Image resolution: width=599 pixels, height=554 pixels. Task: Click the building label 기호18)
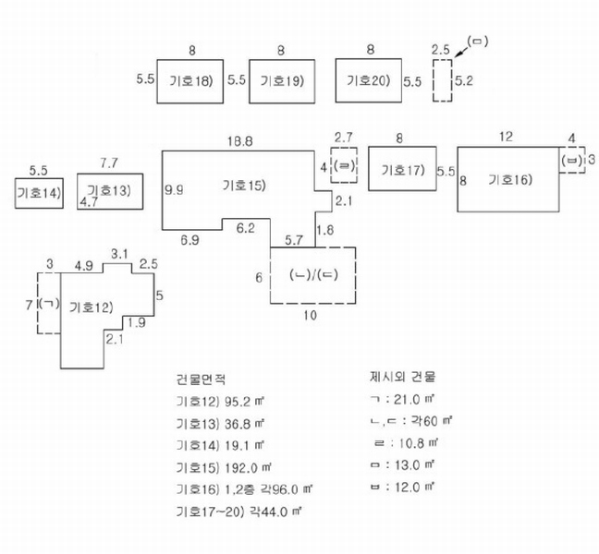[190, 81]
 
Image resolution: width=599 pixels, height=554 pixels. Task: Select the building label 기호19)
[282, 81]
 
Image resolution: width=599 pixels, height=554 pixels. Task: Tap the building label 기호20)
[368, 80]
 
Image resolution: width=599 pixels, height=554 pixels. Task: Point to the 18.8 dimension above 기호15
[240, 141]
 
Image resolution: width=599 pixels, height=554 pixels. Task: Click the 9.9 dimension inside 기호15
[174, 189]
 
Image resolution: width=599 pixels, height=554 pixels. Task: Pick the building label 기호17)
[403, 169]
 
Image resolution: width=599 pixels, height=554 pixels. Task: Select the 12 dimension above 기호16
[506, 137]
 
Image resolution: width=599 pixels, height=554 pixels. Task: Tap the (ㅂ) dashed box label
[572, 161]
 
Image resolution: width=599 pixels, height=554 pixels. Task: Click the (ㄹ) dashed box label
[344, 166]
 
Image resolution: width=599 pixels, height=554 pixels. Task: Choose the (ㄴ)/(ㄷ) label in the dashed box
[313, 275]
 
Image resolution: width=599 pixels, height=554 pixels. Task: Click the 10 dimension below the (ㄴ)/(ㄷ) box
[311, 316]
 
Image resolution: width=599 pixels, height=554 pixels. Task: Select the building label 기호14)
[39, 193]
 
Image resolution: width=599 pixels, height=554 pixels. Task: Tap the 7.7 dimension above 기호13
[109, 163]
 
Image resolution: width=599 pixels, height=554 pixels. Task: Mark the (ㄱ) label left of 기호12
[49, 304]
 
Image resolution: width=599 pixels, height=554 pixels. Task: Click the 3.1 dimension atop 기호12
[119, 254]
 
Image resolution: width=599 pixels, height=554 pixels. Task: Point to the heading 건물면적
[201, 379]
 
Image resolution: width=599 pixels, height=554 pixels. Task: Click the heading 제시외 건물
[402, 377]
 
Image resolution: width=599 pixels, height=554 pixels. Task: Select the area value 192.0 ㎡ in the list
[248, 467]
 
